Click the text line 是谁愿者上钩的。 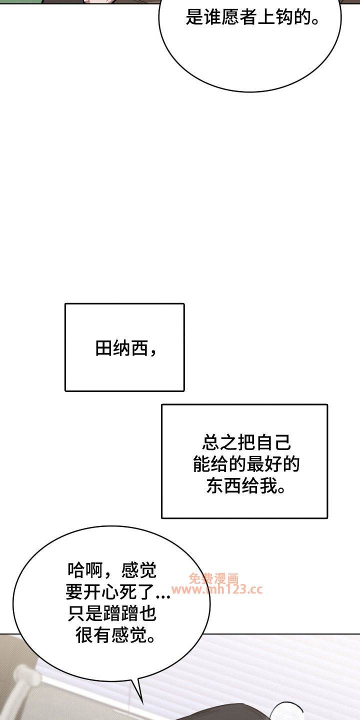click(x=253, y=16)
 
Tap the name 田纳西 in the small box click(x=121, y=348)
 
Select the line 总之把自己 click(x=246, y=442)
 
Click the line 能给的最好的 click(x=246, y=464)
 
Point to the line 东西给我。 click(x=246, y=485)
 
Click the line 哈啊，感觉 click(x=112, y=570)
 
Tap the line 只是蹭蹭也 click(x=112, y=613)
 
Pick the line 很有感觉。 click(x=115, y=635)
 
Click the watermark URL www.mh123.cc click(x=217, y=589)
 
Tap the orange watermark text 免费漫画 click(x=214, y=578)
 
